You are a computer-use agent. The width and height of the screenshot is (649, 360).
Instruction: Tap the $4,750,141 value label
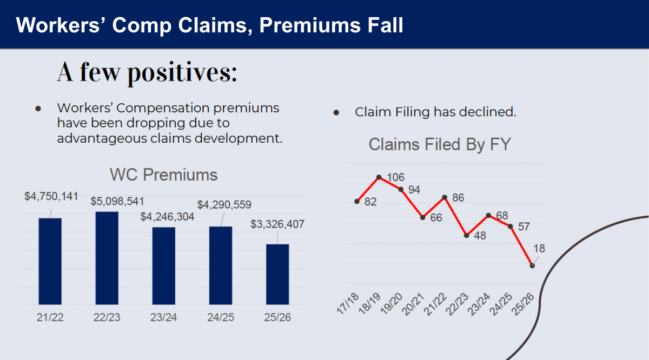point(51,196)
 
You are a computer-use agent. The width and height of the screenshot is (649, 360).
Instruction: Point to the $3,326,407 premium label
point(277,224)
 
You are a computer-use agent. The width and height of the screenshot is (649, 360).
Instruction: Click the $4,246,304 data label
point(167,216)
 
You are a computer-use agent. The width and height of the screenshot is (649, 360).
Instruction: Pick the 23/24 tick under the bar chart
point(164,317)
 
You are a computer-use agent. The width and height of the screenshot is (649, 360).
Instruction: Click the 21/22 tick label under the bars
point(50,317)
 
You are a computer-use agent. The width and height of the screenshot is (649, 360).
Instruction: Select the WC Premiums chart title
point(163,175)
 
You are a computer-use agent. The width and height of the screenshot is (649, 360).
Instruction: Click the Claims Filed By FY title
point(439,144)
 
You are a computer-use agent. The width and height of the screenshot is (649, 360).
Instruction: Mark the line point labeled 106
point(379,177)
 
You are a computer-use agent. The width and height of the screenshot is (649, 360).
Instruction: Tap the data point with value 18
point(533,265)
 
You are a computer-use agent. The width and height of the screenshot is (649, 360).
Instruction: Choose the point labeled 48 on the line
point(467,235)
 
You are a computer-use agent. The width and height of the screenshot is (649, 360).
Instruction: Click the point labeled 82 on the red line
point(357,201)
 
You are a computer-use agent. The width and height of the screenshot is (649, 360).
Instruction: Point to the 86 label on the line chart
point(458,197)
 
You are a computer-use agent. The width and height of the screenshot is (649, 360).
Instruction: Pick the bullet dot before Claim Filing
point(336,113)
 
